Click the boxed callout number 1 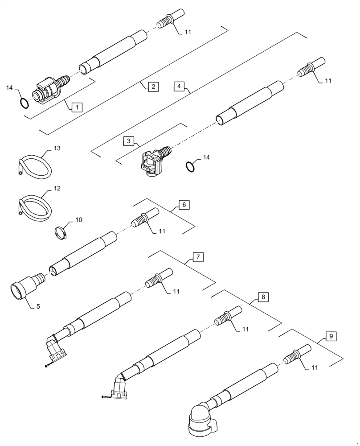(77, 107)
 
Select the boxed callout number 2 (152, 87)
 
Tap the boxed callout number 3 (128, 141)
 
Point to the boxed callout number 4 (178, 86)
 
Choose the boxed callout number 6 (184, 205)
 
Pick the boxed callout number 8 (263, 297)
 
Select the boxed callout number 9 (331, 336)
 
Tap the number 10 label (78, 220)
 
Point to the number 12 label (57, 189)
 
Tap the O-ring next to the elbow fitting (190, 166)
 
